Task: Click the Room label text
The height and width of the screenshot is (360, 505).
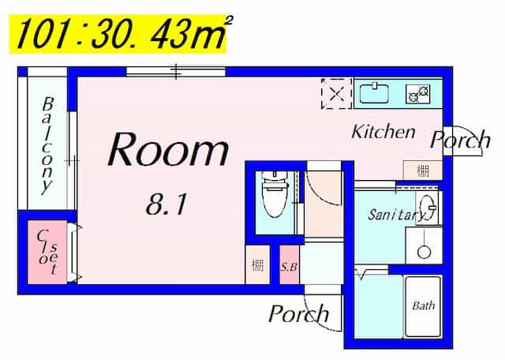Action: pyautogui.click(x=168, y=150)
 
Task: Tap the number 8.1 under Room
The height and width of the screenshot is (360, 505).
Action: pyautogui.click(x=166, y=204)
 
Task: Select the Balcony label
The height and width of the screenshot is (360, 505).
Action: pyautogui.click(x=47, y=146)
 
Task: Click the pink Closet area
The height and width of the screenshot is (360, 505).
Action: pyautogui.click(x=47, y=252)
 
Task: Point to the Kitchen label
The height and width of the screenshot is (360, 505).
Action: pyautogui.click(x=383, y=132)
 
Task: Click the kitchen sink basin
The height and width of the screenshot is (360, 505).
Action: pyautogui.click(x=373, y=93)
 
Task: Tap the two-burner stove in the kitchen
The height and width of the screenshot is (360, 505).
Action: pyautogui.click(x=418, y=94)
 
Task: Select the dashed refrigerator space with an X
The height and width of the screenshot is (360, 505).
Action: pyautogui.click(x=337, y=94)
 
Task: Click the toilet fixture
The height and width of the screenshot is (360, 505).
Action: pyautogui.click(x=275, y=194)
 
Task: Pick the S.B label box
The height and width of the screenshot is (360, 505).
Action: pyautogui.click(x=290, y=265)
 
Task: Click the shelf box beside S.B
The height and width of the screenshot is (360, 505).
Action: pyautogui.click(x=257, y=265)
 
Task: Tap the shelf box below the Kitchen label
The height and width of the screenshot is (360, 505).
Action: pyautogui.click(x=423, y=171)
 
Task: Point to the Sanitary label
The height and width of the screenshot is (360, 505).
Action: pyautogui.click(x=397, y=215)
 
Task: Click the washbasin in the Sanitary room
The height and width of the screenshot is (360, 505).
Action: pyautogui.click(x=428, y=207)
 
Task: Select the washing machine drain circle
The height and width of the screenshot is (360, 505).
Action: pyautogui.click(x=424, y=252)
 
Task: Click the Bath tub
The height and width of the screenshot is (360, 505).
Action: pyautogui.click(x=423, y=306)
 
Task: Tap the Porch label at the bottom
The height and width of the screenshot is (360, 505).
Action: pyautogui.click(x=298, y=313)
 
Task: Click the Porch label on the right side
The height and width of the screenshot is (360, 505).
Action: pyautogui.click(x=460, y=140)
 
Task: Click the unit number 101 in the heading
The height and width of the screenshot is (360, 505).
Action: pyautogui.click(x=42, y=33)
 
